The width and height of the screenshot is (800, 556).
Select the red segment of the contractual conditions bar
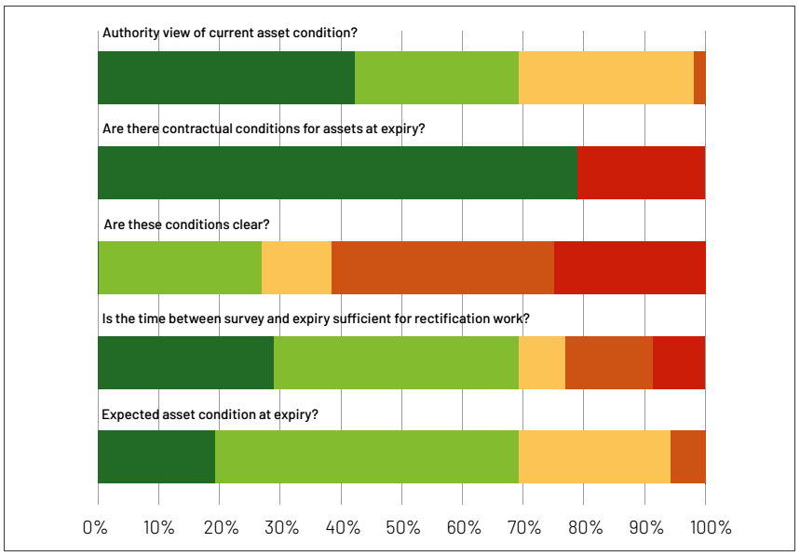click(641, 172)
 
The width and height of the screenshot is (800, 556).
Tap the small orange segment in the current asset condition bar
click(699, 77)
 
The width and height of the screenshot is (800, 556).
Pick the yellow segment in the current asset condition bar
click(606, 77)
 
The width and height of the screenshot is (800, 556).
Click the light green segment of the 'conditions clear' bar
click(180, 268)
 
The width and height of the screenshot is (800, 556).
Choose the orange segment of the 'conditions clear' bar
click(442, 268)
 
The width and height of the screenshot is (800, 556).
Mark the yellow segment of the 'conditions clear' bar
click(296, 268)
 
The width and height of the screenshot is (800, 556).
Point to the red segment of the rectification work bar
click(679, 362)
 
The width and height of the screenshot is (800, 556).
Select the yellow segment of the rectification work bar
click(542, 362)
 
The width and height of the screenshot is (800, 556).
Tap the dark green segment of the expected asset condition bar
click(156, 456)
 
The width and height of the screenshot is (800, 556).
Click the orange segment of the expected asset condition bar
click(687, 456)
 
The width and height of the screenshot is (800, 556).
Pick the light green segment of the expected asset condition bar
click(367, 456)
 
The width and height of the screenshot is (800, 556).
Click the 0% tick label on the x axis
click(96, 527)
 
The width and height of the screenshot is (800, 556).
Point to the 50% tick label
click(401, 527)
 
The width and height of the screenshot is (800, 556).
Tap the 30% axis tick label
click(279, 527)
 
